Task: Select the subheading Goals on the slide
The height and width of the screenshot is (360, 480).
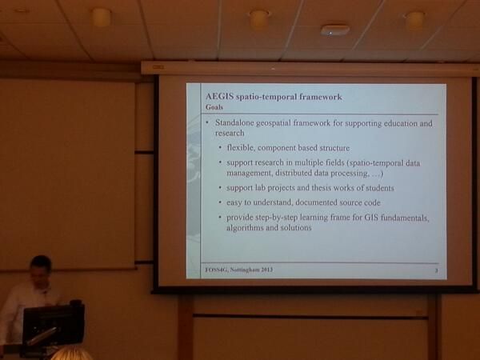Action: coord(214,107)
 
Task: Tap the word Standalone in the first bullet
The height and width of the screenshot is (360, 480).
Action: coord(234,122)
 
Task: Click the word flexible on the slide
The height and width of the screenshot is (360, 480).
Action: coord(240,147)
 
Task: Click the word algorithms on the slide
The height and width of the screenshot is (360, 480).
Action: coord(245,228)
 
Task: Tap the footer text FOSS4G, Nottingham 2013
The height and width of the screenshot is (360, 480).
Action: coord(239,270)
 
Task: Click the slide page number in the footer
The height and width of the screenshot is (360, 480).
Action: coord(436,270)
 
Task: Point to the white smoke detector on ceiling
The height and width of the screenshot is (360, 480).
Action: coord(335,30)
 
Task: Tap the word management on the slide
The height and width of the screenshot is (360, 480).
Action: coord(249,173)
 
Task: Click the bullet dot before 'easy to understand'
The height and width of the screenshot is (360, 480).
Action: coord(220,202)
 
